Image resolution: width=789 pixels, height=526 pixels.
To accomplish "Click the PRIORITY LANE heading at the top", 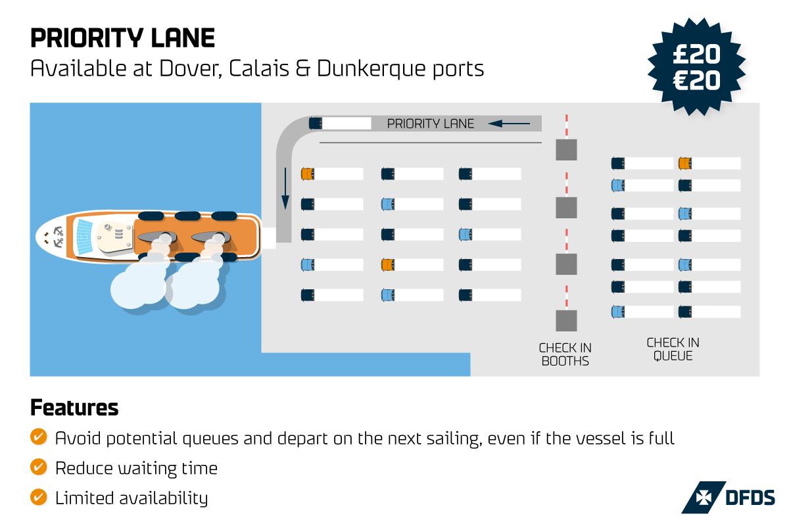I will click(122, 38).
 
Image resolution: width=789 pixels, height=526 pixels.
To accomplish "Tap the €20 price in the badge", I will click(696, 80).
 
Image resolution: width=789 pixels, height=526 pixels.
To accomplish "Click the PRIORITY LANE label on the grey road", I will click(430, 124).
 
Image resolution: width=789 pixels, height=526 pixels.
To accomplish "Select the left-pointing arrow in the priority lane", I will click(509, 123).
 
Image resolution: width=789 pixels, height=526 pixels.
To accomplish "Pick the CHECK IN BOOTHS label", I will click(565, 354).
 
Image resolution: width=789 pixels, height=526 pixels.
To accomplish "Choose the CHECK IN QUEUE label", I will click(673, 349).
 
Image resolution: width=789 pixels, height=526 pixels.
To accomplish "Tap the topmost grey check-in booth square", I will click(566, 150).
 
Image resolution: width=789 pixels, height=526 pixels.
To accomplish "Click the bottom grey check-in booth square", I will click(566, 320).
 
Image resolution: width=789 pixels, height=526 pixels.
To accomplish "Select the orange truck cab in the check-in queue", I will click(684, 163).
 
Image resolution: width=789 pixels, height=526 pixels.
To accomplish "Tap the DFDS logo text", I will click(749, 497).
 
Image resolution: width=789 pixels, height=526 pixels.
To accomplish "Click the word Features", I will click(74, 408).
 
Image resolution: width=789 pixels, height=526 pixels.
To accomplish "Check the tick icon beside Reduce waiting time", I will click(39, 467).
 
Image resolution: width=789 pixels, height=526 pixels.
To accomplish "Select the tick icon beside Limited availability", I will click(39, 498).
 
